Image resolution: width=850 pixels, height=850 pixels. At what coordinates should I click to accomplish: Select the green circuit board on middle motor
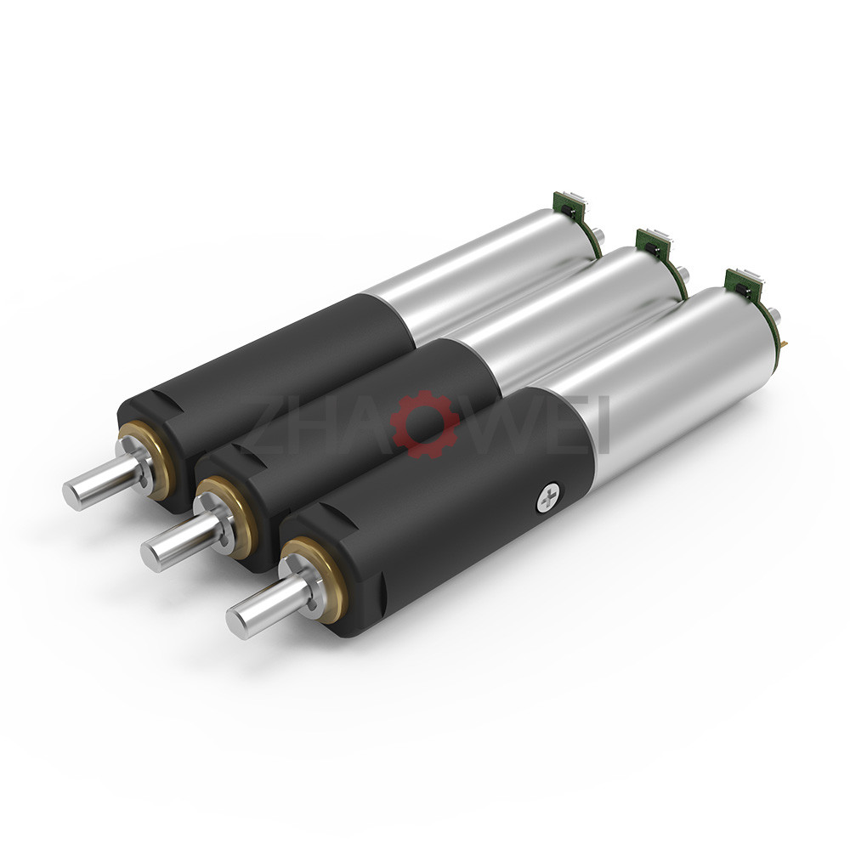coord(653,243)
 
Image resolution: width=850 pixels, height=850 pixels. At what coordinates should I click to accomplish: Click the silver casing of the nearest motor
coord(671,382)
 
